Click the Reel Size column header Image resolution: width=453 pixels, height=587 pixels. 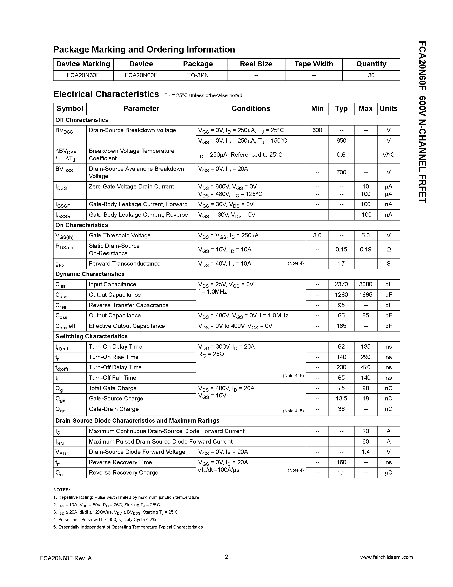(x=256, y=64)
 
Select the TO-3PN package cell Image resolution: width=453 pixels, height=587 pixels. (x=198, y=75)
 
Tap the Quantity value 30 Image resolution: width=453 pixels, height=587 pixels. (x=371, y=75)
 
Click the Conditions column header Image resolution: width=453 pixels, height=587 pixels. (x=250, y=109)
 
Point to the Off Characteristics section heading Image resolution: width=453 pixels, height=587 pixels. (x=82, y=120)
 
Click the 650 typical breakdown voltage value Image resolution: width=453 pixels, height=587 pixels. (x=341, y=141)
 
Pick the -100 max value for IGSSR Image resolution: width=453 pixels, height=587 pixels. (x=365, y=215)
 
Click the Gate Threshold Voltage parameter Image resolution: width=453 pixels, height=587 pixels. (x=119, y=235)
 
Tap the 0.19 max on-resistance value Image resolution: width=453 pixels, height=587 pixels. (x=365, y=249)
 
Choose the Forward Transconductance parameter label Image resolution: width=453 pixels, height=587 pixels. (x=124, y=264)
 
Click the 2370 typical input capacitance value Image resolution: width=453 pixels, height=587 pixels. (x=341, y=284)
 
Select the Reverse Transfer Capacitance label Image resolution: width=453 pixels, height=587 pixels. (x=129, y=305)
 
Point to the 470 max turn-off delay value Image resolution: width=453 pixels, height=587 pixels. (x=365, y=367)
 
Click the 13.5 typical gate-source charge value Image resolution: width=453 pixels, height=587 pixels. (x=341, y=399)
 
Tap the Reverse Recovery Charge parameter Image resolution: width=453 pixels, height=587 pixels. (x=123, y=473)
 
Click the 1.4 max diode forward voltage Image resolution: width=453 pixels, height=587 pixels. (x=365, y=452)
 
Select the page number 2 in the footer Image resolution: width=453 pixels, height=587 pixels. (x=226, y=557)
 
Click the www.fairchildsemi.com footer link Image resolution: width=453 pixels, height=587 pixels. (x=386, y=557)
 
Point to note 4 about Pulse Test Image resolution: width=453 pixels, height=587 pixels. (x=105, y=520)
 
